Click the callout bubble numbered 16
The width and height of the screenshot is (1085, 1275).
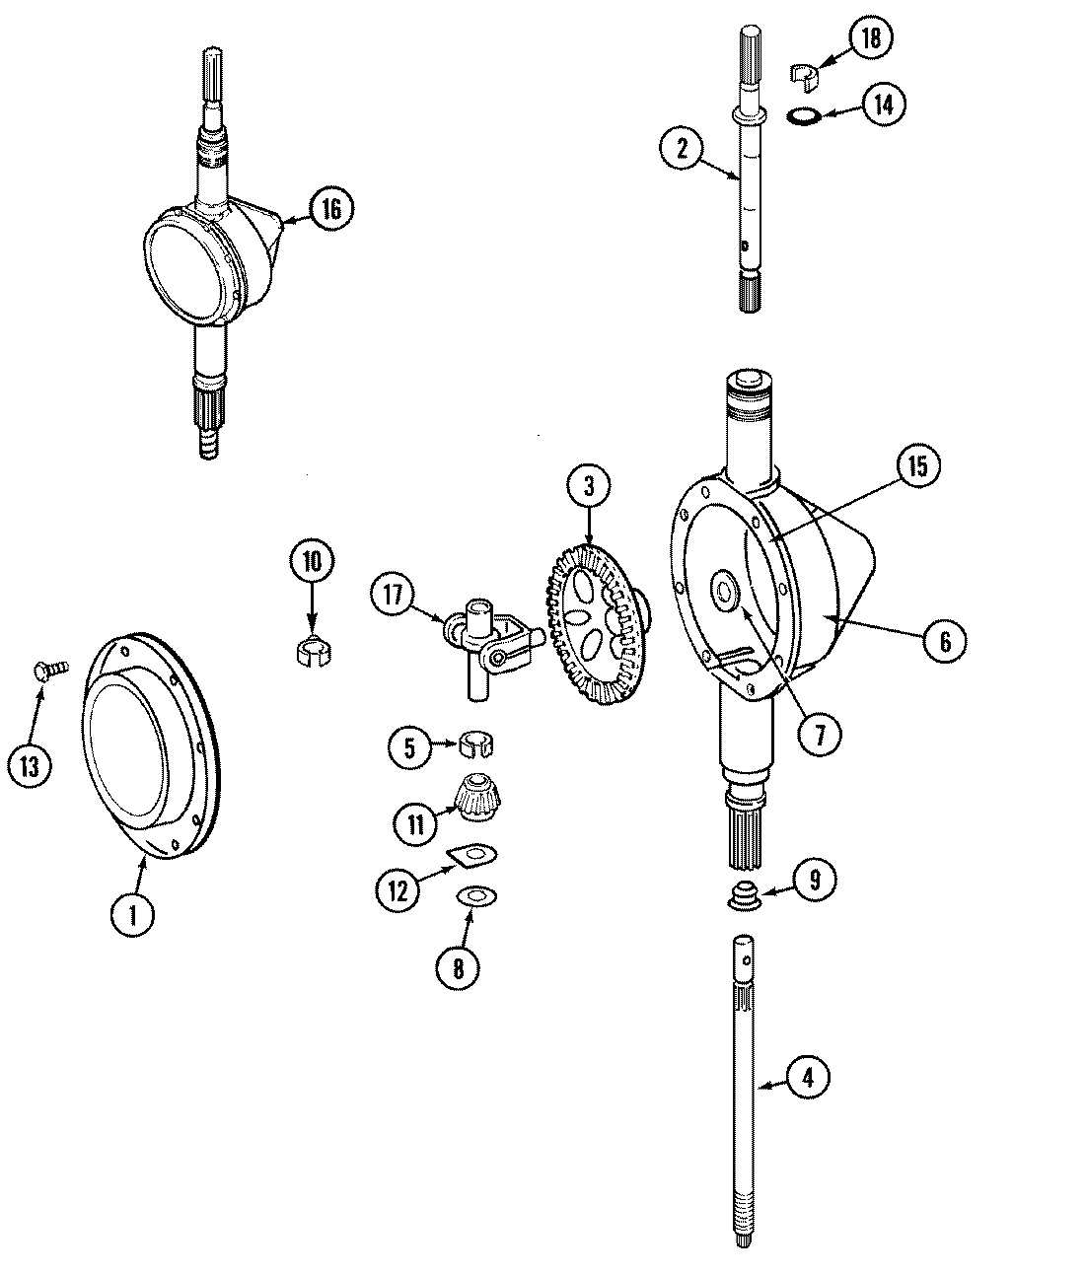coord(329,208)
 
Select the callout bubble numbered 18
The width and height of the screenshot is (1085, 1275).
coord(868,39)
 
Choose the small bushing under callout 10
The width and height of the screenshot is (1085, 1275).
coord(313,652)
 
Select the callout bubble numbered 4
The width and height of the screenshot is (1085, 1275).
coord(808,1078)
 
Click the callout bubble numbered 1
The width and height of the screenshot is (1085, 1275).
coord(131,914)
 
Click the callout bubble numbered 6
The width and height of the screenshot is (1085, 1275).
coord(944,641)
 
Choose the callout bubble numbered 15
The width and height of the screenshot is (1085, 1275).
coord(917,466)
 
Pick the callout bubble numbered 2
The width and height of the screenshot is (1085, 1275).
coord(682,149)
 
